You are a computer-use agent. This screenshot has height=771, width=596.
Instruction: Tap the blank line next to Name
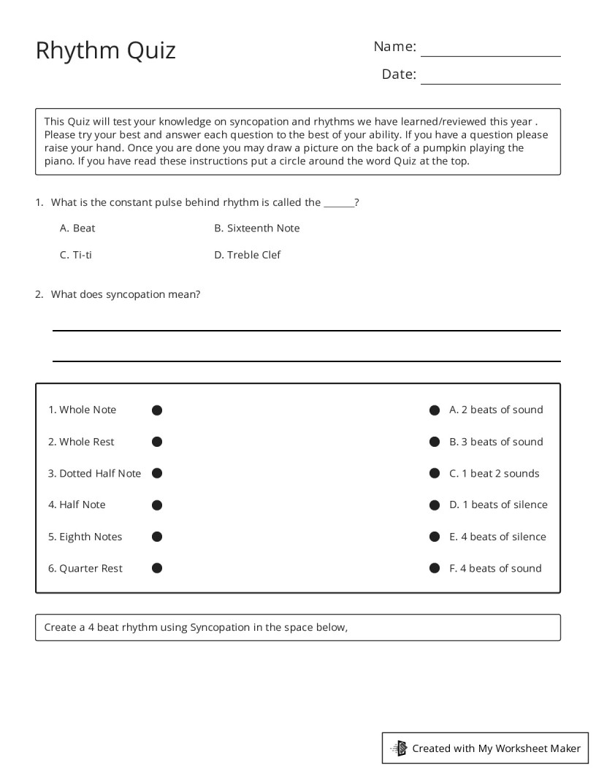click(490, 55)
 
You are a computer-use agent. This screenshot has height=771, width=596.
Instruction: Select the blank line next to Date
click(490, 83)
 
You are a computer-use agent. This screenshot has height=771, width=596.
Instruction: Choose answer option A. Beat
click(77, 229)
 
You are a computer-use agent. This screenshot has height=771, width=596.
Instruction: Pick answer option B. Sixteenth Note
click(256, 229)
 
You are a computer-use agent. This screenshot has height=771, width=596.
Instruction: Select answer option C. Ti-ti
click(76, 255)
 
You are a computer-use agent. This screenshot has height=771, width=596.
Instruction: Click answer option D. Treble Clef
click(247, 255)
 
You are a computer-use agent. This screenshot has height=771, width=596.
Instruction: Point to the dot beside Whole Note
click(157, 410)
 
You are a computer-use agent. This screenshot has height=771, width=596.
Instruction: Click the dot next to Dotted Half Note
click(157, 473)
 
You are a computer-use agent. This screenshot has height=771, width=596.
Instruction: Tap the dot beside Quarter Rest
click(157, 568)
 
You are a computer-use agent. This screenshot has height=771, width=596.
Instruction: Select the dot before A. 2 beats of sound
click(435, 410)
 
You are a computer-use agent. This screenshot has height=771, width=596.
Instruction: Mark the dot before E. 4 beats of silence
click(435, 537)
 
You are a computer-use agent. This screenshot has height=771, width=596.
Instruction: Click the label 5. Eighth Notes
click(85, 537)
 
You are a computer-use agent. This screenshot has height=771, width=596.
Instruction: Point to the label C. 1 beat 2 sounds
click(494, 473)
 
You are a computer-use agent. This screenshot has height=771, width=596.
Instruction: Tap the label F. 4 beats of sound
click(495, 568)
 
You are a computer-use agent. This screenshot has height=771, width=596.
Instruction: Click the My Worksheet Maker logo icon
click(400, 748)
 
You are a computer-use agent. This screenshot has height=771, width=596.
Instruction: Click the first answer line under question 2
click(307, 330)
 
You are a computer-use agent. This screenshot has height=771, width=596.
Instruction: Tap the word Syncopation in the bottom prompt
click(220, 627)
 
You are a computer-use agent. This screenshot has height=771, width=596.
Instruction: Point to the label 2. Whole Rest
click(81, 442)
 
